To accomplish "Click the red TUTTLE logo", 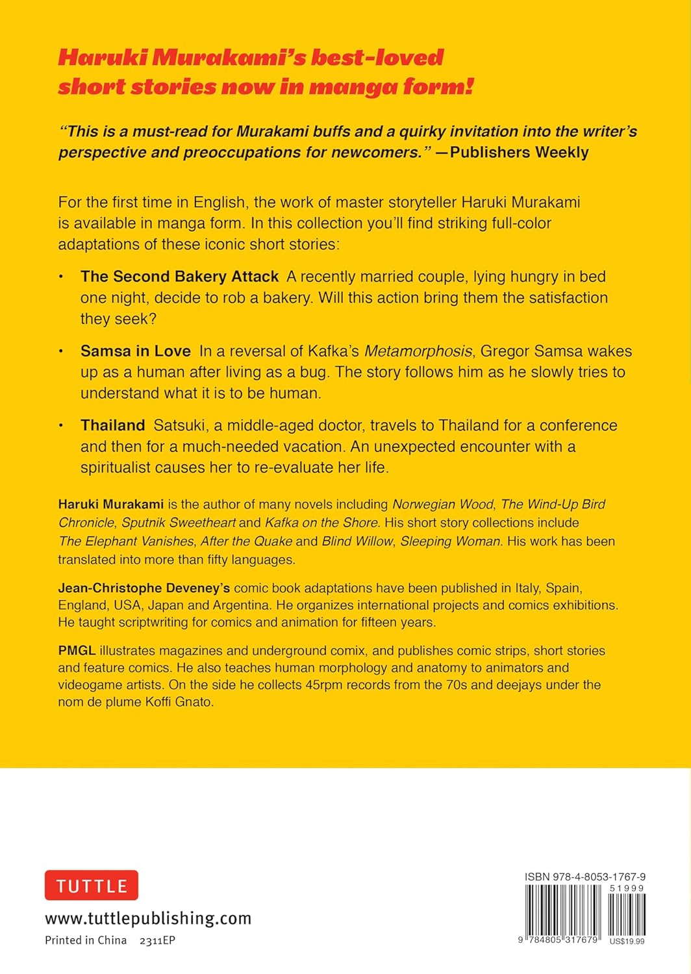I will coord(92,886).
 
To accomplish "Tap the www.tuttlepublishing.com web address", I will coord(148,918).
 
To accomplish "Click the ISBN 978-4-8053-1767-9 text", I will coord(585,877).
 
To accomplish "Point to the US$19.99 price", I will coord(627,942).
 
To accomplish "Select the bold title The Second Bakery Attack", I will coord(179,277).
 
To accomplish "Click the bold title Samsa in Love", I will coord(135,351).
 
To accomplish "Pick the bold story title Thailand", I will coord(112,425).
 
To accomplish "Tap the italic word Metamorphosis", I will coord(418,351).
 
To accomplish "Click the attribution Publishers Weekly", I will coord(519,153).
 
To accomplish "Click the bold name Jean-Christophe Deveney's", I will coord(144,588).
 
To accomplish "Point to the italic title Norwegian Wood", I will coord(443,505).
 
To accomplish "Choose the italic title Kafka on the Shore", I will coord(321,523).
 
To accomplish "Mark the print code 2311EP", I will coord(157,940).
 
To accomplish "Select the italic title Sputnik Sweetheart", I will coord(179,523).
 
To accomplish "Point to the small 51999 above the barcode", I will coord(627,888).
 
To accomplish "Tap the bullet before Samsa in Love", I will coord(61,351).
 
